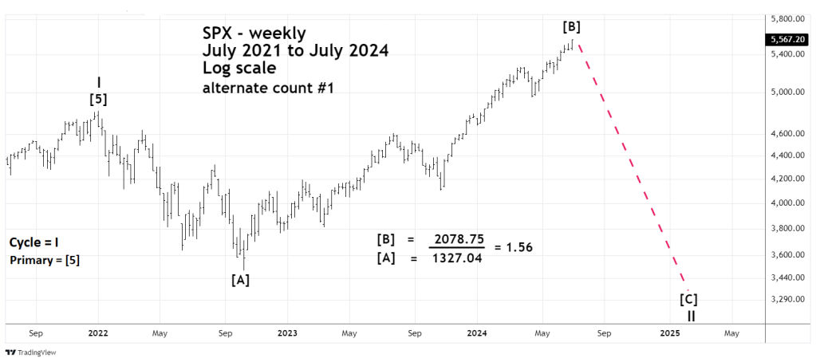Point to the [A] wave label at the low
point(241,279)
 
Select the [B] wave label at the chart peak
point(571,26)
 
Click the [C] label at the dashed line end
point(688,300)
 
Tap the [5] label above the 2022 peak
point(98,100)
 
